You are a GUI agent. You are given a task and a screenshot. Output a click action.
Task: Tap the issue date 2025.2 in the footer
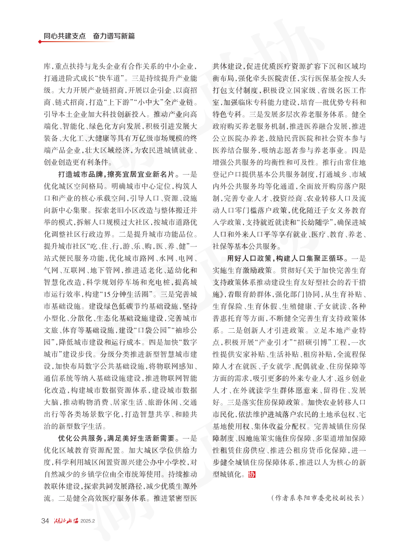pos(88,521)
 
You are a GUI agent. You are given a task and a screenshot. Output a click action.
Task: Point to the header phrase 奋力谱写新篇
pos(114,37)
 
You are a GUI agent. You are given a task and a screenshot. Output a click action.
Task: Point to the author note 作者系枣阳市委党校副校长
pos(316,498)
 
